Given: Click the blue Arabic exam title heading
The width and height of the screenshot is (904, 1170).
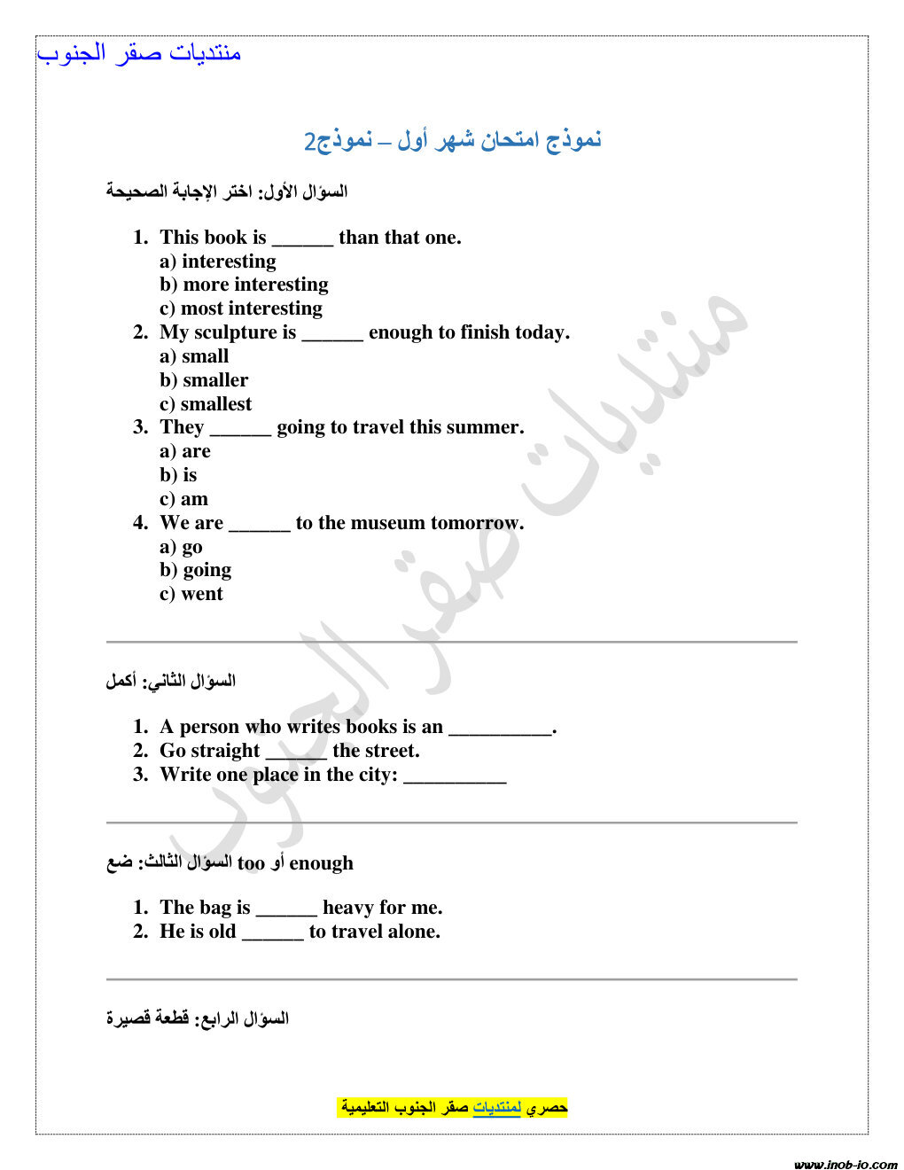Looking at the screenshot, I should (452, 140).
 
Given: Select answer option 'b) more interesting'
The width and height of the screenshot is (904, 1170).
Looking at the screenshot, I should (244, 285).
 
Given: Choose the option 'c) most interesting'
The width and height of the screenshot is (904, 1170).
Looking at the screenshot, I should (241, 308).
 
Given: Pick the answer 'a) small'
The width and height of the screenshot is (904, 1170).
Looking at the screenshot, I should (194, 356).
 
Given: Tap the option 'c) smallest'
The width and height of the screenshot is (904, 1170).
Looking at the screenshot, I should (206, 404).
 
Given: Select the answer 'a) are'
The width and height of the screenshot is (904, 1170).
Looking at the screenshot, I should (185, 451).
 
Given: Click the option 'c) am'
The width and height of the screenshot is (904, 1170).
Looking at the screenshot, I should (183, 499).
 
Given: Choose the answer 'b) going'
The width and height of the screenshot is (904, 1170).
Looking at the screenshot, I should (196, 570).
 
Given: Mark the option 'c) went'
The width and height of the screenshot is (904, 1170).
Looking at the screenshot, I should (191, 594).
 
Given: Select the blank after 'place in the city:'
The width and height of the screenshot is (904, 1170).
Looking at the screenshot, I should (455, 776).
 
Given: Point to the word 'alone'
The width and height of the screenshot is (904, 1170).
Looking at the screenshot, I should (414, 932).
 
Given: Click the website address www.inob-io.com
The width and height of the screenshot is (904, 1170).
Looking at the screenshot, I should (846, 1164).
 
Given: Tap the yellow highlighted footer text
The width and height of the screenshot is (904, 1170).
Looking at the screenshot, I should (453, 1107).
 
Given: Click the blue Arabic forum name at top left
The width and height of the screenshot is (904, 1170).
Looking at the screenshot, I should (139, 53).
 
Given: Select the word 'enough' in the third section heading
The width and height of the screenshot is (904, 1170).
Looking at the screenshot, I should (321, 863).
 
